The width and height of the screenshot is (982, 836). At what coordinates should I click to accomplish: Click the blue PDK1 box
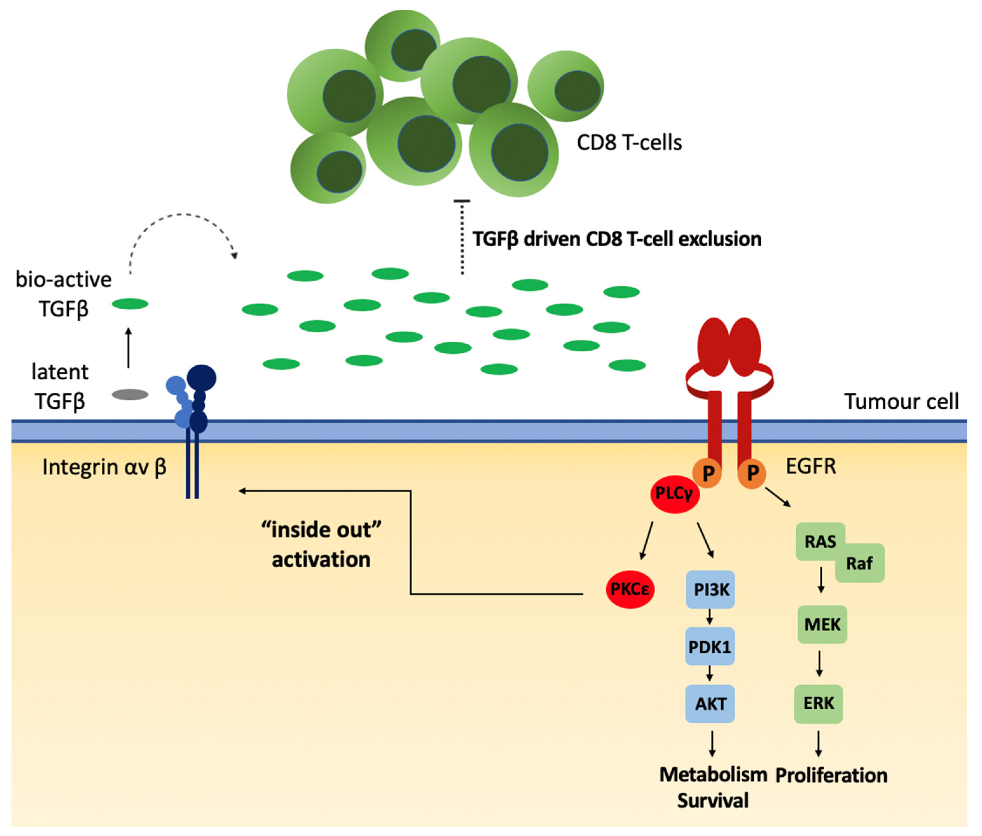(x=709, y=646)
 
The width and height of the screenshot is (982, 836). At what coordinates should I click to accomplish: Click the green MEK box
(x=822, y=624)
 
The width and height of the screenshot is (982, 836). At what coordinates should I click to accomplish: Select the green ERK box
(x=818, y=703)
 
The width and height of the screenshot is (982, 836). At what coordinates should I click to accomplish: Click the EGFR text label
(x=811, y=466)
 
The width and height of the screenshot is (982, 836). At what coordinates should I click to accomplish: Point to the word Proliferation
(x=831, y=775)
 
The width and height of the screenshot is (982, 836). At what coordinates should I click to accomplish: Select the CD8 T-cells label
(x=629, y=142)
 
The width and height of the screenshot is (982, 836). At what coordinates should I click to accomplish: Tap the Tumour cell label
(x=901, y=401)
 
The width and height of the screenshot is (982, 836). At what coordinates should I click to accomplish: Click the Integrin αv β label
(x=104, y=467)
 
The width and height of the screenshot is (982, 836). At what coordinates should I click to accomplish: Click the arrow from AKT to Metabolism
(x=712, y=743)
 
